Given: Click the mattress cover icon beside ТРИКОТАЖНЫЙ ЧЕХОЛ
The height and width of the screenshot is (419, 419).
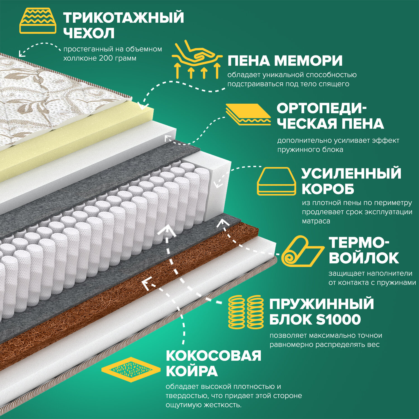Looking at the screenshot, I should (x=38, y=21).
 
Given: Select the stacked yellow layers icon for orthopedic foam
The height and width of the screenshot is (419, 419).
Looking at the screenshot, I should (x=248, y=114).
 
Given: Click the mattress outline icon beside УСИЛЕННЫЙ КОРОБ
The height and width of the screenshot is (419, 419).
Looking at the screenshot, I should (x=276, y=181).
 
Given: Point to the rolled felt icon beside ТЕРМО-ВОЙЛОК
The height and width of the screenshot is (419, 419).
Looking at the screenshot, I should (x=302, y=251).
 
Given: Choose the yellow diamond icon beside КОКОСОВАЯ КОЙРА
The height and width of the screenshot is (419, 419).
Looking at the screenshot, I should (x=131, y=370).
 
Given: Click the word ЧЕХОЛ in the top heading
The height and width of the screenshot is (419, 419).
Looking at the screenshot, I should (x=89, y=33).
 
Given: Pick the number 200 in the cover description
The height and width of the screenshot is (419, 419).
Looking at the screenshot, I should (x=105, y=58).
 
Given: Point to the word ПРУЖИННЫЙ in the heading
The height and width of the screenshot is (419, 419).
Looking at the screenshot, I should (x=322, y=304).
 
